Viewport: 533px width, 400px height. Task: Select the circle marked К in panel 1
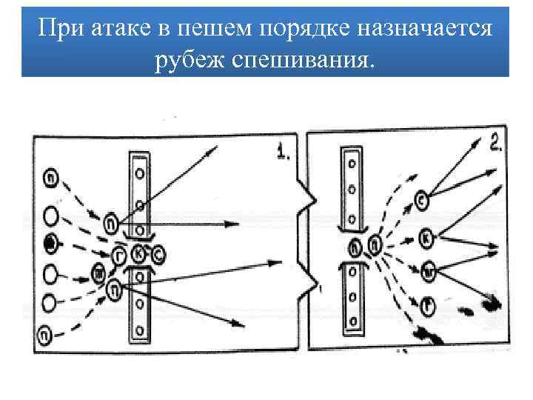[x=139, y=254]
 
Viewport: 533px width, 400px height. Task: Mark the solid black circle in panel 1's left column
[x=50, y=241]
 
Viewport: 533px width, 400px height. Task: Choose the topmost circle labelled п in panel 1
[x=50, y=179]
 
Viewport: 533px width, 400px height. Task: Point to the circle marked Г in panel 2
[x=427, y=303]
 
